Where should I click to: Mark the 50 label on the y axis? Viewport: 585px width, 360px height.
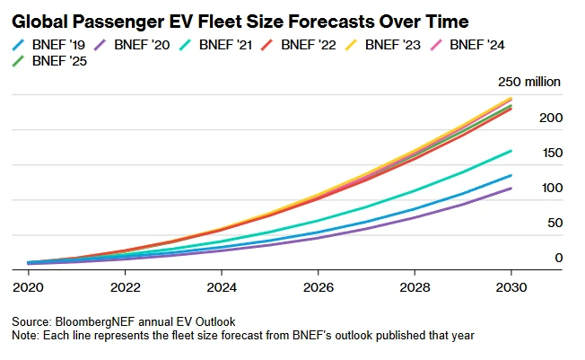tap(554, 223)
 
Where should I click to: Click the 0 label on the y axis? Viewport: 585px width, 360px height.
tap(557, 258)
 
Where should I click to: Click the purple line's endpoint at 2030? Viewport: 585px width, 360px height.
tap(511, 188)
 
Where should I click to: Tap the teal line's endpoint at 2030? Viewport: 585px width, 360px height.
tap(511, 151)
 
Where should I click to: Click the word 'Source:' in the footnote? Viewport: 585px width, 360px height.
tap(31, 320)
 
